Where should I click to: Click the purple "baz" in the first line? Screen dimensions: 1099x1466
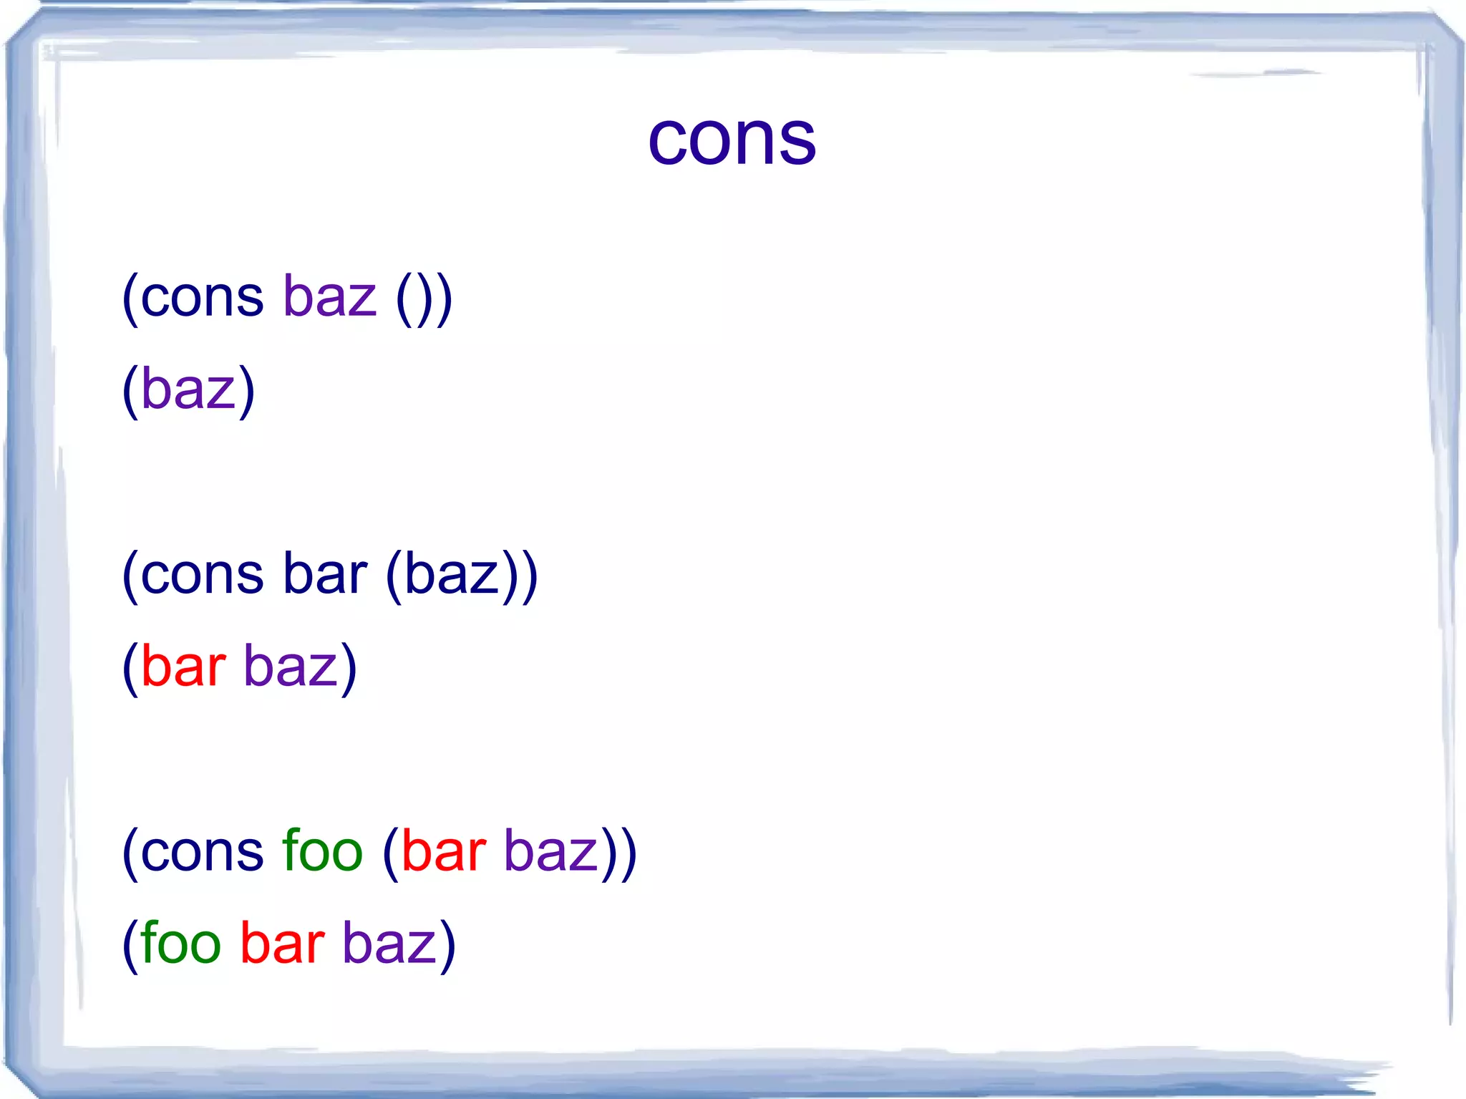(329, 297)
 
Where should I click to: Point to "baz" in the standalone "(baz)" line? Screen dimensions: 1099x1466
(188, 390)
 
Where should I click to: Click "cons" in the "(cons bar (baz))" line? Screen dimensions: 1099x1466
(202, 575)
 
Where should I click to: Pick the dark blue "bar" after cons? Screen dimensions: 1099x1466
(325, 573)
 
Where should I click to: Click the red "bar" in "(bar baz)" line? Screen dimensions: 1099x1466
(183, 666)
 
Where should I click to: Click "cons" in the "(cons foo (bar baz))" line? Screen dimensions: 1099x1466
(202, 852)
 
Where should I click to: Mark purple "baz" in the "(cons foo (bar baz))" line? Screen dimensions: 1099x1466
(551, 852)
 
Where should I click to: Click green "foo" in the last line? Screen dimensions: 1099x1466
(180, 943)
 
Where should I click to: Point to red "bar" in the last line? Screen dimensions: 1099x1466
(282, 943)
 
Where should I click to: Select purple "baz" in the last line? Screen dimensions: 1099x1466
(389, 944)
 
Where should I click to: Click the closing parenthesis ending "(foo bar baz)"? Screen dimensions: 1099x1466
(447, 946)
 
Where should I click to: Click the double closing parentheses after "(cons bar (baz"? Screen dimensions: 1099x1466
(520, 576)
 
